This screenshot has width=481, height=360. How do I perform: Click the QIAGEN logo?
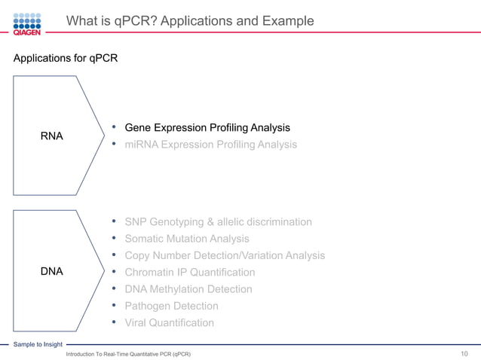27,23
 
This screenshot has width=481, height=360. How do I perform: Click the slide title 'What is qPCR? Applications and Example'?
190,21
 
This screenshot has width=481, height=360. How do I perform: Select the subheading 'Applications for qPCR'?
66,57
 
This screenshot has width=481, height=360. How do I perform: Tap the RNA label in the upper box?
51,136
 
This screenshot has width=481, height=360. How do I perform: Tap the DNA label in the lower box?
51,272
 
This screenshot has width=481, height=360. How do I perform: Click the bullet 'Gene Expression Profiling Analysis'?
207,127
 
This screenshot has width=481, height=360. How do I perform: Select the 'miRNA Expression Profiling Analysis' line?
210,144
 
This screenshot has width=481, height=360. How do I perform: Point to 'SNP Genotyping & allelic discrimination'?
218,221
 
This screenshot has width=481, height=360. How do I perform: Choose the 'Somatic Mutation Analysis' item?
187,239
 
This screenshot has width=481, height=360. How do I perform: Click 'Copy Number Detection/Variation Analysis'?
225,255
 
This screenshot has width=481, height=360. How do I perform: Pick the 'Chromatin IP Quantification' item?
189,272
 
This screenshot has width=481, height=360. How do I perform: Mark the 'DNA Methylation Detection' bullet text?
188,289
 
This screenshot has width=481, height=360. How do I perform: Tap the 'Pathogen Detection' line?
171,306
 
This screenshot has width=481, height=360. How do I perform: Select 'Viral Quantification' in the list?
169,322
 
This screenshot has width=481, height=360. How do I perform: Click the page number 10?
464,353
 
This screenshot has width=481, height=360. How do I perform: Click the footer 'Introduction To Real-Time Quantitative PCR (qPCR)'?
128,353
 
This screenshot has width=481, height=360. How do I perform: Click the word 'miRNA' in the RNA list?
140,144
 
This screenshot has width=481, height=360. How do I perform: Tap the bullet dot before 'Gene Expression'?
113,127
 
